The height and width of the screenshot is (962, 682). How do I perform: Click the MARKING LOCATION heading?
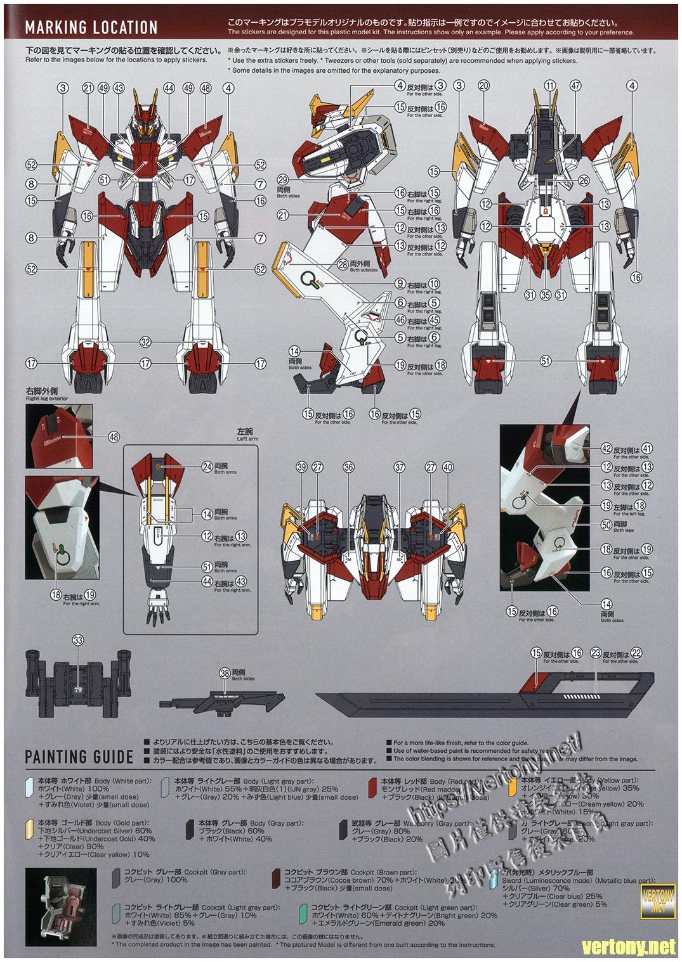(91, 27)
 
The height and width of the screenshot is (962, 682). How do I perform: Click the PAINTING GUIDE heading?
(79, 756)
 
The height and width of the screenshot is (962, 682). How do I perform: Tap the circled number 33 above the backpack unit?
(78, 641)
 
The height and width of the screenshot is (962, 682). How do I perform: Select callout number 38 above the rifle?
(224, 673)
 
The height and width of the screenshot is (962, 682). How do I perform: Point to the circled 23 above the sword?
(595, 653)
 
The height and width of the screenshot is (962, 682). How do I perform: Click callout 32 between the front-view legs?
(146, 342)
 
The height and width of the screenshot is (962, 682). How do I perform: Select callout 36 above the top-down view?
(348, 467)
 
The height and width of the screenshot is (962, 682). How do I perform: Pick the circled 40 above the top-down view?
(449, 467)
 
